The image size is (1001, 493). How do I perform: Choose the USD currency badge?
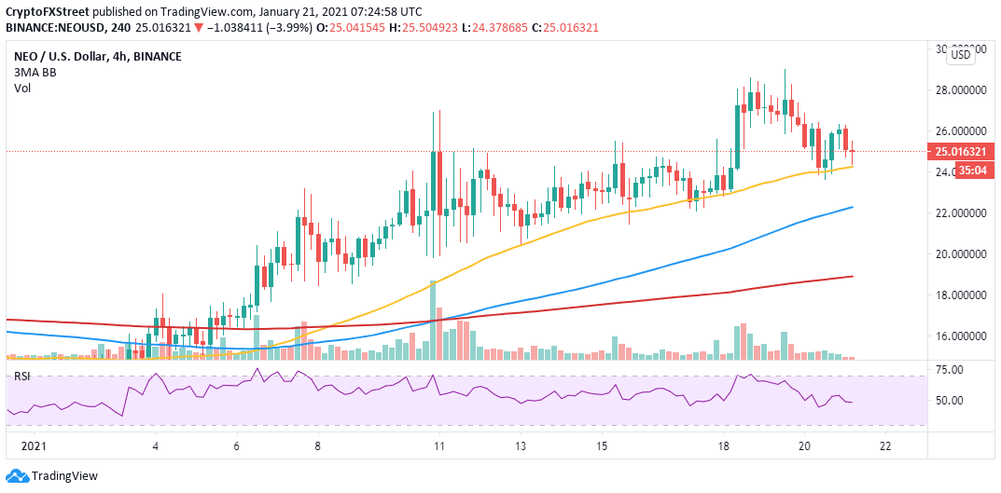(x=959, y=56)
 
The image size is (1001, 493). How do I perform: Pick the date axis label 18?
(x=723, y=446)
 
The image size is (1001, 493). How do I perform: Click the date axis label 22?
(x=885, y=446)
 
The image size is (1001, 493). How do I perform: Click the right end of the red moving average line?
(x=854, y=276)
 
